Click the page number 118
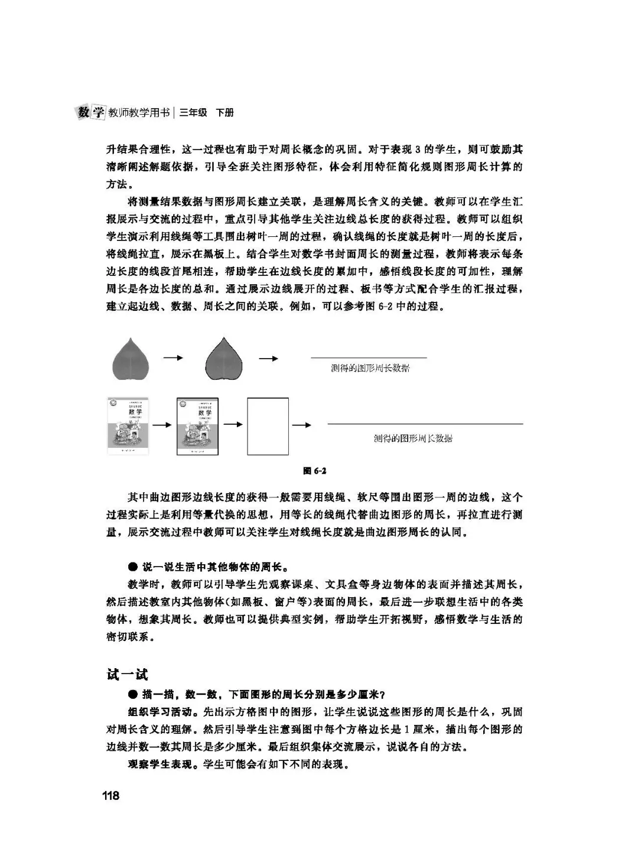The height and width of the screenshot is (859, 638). pos(110,795)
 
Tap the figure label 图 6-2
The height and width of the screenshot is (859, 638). pos(315,471)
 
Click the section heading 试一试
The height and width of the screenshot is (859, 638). pos(127,674)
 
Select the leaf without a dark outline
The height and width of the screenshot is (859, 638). pos(131,359)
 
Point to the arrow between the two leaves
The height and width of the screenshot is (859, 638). pos(174,358)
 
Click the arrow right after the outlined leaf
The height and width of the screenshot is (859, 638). pos(269,358)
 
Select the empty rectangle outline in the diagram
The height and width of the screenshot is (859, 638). pos(268,426)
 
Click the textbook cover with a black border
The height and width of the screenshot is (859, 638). pos(197,426)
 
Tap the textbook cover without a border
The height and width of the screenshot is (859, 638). pos(128,426)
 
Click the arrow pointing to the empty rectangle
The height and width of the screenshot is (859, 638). pos(233,425)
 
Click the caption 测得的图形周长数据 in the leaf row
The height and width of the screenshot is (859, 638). pos(370,368)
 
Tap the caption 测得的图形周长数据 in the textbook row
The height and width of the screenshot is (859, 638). pos(414,438)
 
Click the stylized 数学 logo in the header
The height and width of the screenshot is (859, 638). pos(91,112)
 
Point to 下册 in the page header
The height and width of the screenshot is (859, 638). pos(224,112)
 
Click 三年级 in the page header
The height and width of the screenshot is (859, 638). pos(193,112)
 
